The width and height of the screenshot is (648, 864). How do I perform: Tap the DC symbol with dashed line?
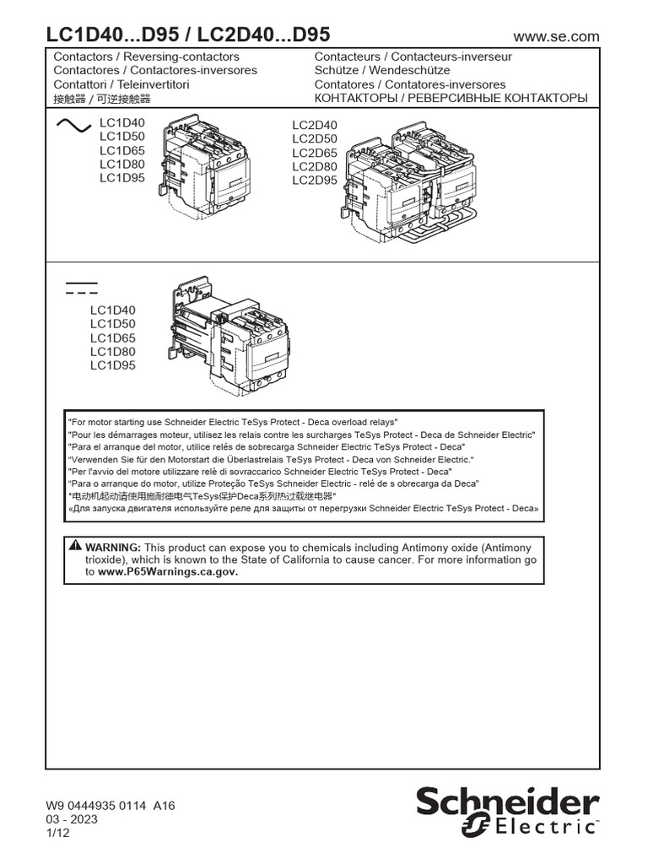(x=81, y=286)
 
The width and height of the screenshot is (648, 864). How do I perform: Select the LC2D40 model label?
(x=315, y=126)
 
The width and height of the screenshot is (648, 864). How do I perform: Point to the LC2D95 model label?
(x=315, y=181)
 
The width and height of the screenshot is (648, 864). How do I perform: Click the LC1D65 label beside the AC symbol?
(x=122, y=150)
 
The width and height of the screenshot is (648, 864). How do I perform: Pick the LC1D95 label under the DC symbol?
(x=113, y=365)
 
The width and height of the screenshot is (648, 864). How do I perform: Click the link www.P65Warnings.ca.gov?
(x=168, y=571)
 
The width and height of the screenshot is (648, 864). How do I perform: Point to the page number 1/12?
(x=57, y=833)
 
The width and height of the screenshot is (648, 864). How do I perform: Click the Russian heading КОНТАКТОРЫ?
(x=354, y=98)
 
